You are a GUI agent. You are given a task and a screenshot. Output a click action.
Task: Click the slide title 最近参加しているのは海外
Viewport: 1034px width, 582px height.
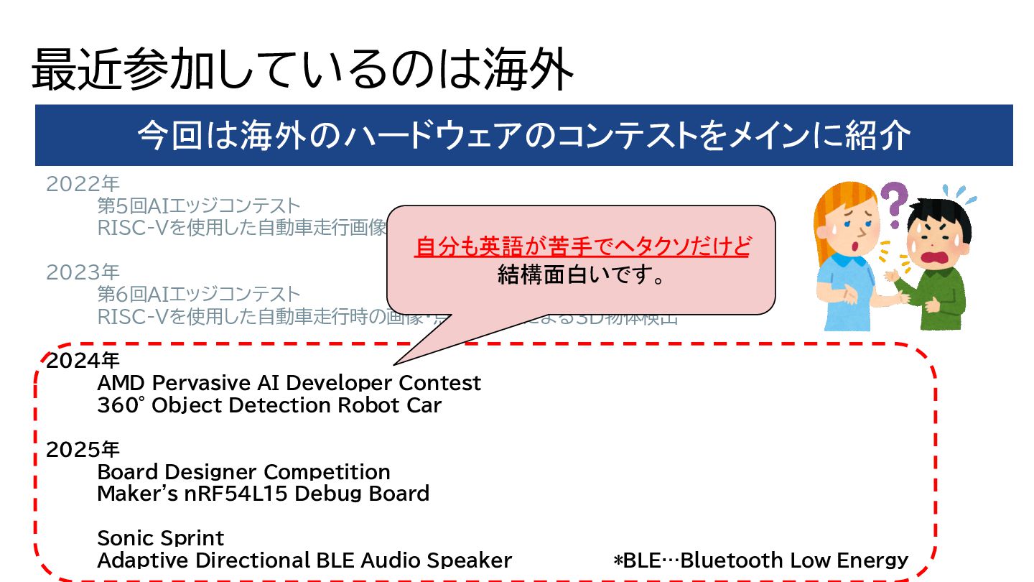click(x=302, y=70)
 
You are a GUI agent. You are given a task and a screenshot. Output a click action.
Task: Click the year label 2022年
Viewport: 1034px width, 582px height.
click(x=83, y=185)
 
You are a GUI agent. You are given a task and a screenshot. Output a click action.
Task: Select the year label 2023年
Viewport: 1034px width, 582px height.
click(x=83, y=272)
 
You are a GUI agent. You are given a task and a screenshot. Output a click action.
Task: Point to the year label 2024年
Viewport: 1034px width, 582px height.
click(x=83, y=361)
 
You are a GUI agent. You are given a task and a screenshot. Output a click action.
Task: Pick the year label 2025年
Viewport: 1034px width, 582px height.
click(x=83, y=450)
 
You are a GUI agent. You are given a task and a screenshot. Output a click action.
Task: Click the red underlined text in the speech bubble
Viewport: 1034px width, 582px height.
click(x=582, y=247)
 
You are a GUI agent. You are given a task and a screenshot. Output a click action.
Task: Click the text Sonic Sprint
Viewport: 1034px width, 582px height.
click(x=160, y=538)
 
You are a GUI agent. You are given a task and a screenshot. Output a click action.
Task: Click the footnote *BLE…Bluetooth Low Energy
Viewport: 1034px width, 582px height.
click(x=760, y=560)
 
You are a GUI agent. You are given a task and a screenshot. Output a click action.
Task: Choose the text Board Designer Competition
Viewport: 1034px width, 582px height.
click(x=243, y=472)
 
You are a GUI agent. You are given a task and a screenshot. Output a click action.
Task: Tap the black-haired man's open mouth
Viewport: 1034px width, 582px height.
click(x=936, y=257)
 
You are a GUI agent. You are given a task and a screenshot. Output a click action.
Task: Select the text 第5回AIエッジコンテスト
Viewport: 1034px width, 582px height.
click(x=198, y=207)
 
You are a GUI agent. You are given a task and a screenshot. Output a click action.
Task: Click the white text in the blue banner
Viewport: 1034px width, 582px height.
click(x=523, y=136)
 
